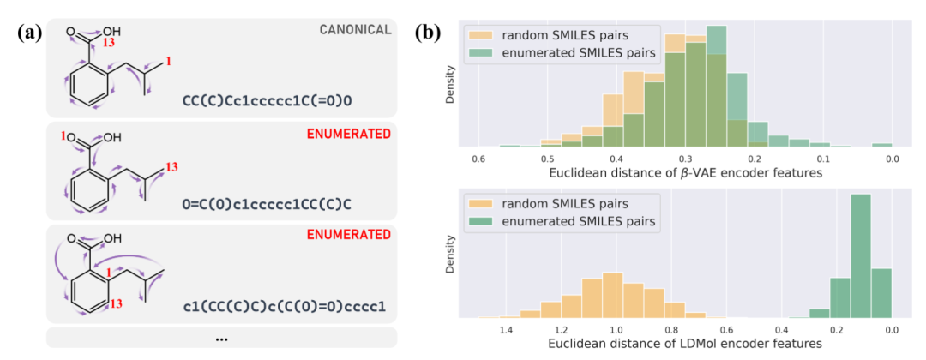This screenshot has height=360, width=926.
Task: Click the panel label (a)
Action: click(x=31, y=34)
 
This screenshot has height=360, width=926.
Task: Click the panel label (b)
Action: click(x=430, y=34)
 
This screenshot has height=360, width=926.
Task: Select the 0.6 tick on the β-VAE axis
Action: click(x=478, y=159)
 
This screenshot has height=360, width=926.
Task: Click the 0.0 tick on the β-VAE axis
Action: click(x=892, y=159)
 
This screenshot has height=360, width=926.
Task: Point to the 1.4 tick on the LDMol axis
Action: click(x=506, y=329)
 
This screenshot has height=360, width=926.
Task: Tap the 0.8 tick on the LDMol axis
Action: click(x=670, y=329)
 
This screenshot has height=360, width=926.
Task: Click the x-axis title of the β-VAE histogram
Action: click(x=685, y=174)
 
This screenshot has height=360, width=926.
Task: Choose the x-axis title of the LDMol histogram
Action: click(x=685, y=344)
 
